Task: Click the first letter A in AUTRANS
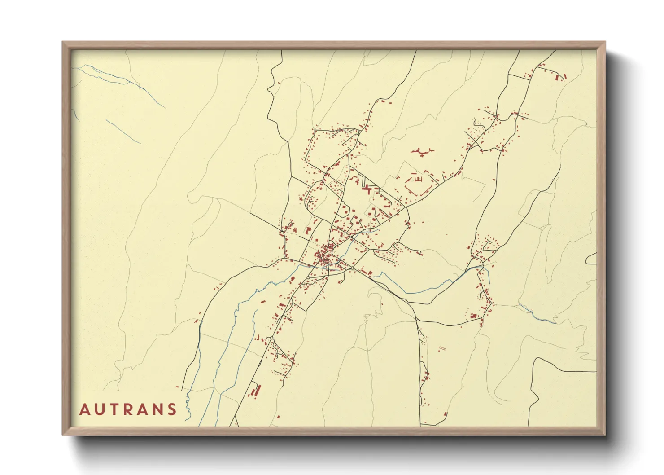coord(85,409)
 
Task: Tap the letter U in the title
coord(100,409)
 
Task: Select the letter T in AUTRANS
coord(114,409)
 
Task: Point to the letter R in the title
coord(128,409)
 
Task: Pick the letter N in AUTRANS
coord(158,409)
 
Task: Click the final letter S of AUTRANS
coord(172,409)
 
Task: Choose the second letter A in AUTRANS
coord(143,409)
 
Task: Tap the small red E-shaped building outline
coord(419,179)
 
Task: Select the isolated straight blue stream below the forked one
coord(123,131)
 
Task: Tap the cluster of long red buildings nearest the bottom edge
coord(256,390)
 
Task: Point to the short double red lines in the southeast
coord(442,348)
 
